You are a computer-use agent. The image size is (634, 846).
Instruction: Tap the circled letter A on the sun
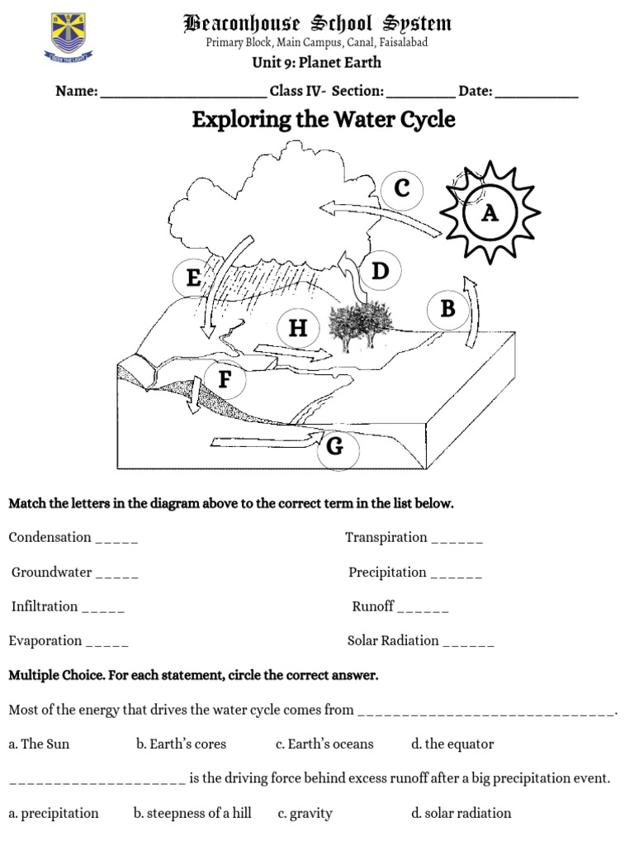point(490,214)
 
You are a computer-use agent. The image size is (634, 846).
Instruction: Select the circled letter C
point(401,188)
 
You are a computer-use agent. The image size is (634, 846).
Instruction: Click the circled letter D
point(380,271)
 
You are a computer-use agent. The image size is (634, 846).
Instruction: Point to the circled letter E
point(194,278)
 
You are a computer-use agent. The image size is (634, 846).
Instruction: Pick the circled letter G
point(334,447)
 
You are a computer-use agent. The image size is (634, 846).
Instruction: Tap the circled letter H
point(297,329)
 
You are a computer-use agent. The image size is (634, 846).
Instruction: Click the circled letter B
point(448,309)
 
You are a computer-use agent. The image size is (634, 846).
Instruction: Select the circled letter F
point(224,380)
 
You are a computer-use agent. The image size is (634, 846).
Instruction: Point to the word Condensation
point(50,537)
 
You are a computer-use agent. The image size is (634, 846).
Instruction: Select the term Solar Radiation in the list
point(393,640)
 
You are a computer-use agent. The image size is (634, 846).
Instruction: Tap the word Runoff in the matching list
point(373,606)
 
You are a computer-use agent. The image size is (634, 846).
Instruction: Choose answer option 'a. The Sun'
point(39,744)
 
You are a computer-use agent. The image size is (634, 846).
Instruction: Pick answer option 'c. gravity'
point(305,813)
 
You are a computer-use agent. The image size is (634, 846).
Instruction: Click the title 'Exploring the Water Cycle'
point(323,120)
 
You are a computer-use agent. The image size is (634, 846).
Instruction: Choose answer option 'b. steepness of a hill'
point(192,813)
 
